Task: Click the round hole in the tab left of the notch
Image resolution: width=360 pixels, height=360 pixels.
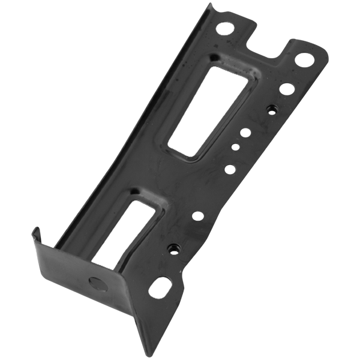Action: tap(227, 26)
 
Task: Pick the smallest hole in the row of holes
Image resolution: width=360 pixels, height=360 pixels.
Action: tap(235, 145)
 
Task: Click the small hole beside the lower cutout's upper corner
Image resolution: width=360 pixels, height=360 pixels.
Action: tap(197, 215)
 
